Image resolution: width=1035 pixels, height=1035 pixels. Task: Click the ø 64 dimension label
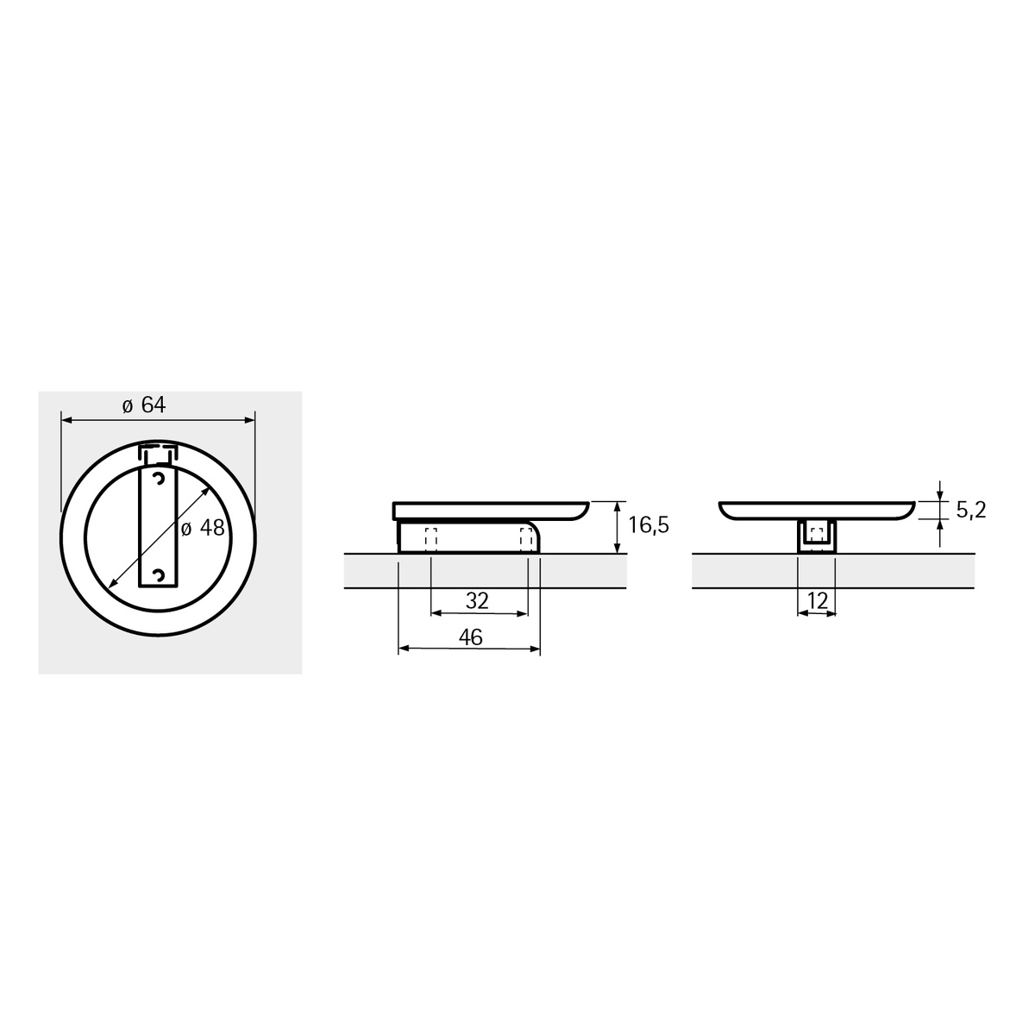144,405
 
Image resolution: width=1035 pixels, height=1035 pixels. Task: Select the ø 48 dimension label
203,529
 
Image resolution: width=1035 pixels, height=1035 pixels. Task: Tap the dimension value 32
477,600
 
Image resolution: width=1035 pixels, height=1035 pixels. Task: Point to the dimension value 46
471,637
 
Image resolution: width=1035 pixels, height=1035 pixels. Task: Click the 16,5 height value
649,524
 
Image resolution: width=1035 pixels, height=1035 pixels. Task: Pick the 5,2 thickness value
971,510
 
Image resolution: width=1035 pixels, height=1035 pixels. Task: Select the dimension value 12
817,600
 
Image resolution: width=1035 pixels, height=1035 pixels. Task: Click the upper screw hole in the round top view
159,480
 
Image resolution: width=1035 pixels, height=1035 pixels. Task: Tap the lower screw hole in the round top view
159,576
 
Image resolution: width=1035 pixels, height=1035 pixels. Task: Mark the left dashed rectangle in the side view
430,540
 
